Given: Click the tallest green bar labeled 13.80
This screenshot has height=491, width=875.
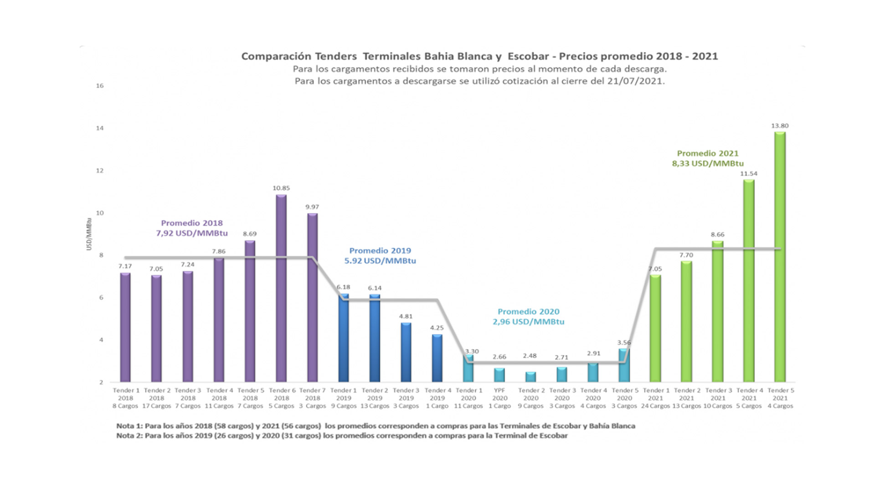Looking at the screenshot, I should point(780,257).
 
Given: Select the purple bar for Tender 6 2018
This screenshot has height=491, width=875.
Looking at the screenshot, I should point(281,289).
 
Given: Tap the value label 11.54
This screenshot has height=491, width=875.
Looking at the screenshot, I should point(748,173).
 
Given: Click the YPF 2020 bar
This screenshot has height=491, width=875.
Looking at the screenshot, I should point(499,375).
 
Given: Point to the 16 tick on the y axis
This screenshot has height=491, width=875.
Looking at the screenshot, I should point(100,86).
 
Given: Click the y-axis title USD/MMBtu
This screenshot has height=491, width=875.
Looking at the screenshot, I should point(89,234).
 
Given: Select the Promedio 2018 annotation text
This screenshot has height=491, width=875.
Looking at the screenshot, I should point(192,228).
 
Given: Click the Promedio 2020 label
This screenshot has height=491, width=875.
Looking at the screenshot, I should point(528,317).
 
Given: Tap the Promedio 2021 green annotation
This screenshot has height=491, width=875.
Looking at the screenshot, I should point(707,158).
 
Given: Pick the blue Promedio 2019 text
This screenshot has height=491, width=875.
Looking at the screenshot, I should point(380,256).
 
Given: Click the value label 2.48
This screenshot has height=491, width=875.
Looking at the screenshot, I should point(530,356).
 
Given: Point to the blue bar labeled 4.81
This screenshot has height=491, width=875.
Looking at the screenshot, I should point(406,352).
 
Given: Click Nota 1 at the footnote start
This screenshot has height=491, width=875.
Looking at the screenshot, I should point(129,426).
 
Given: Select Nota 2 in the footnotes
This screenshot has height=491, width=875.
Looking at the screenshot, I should point(129,435).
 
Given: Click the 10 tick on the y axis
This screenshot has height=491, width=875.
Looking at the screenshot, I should point(100,213).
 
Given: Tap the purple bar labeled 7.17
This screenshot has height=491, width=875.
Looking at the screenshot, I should point(125,327).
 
